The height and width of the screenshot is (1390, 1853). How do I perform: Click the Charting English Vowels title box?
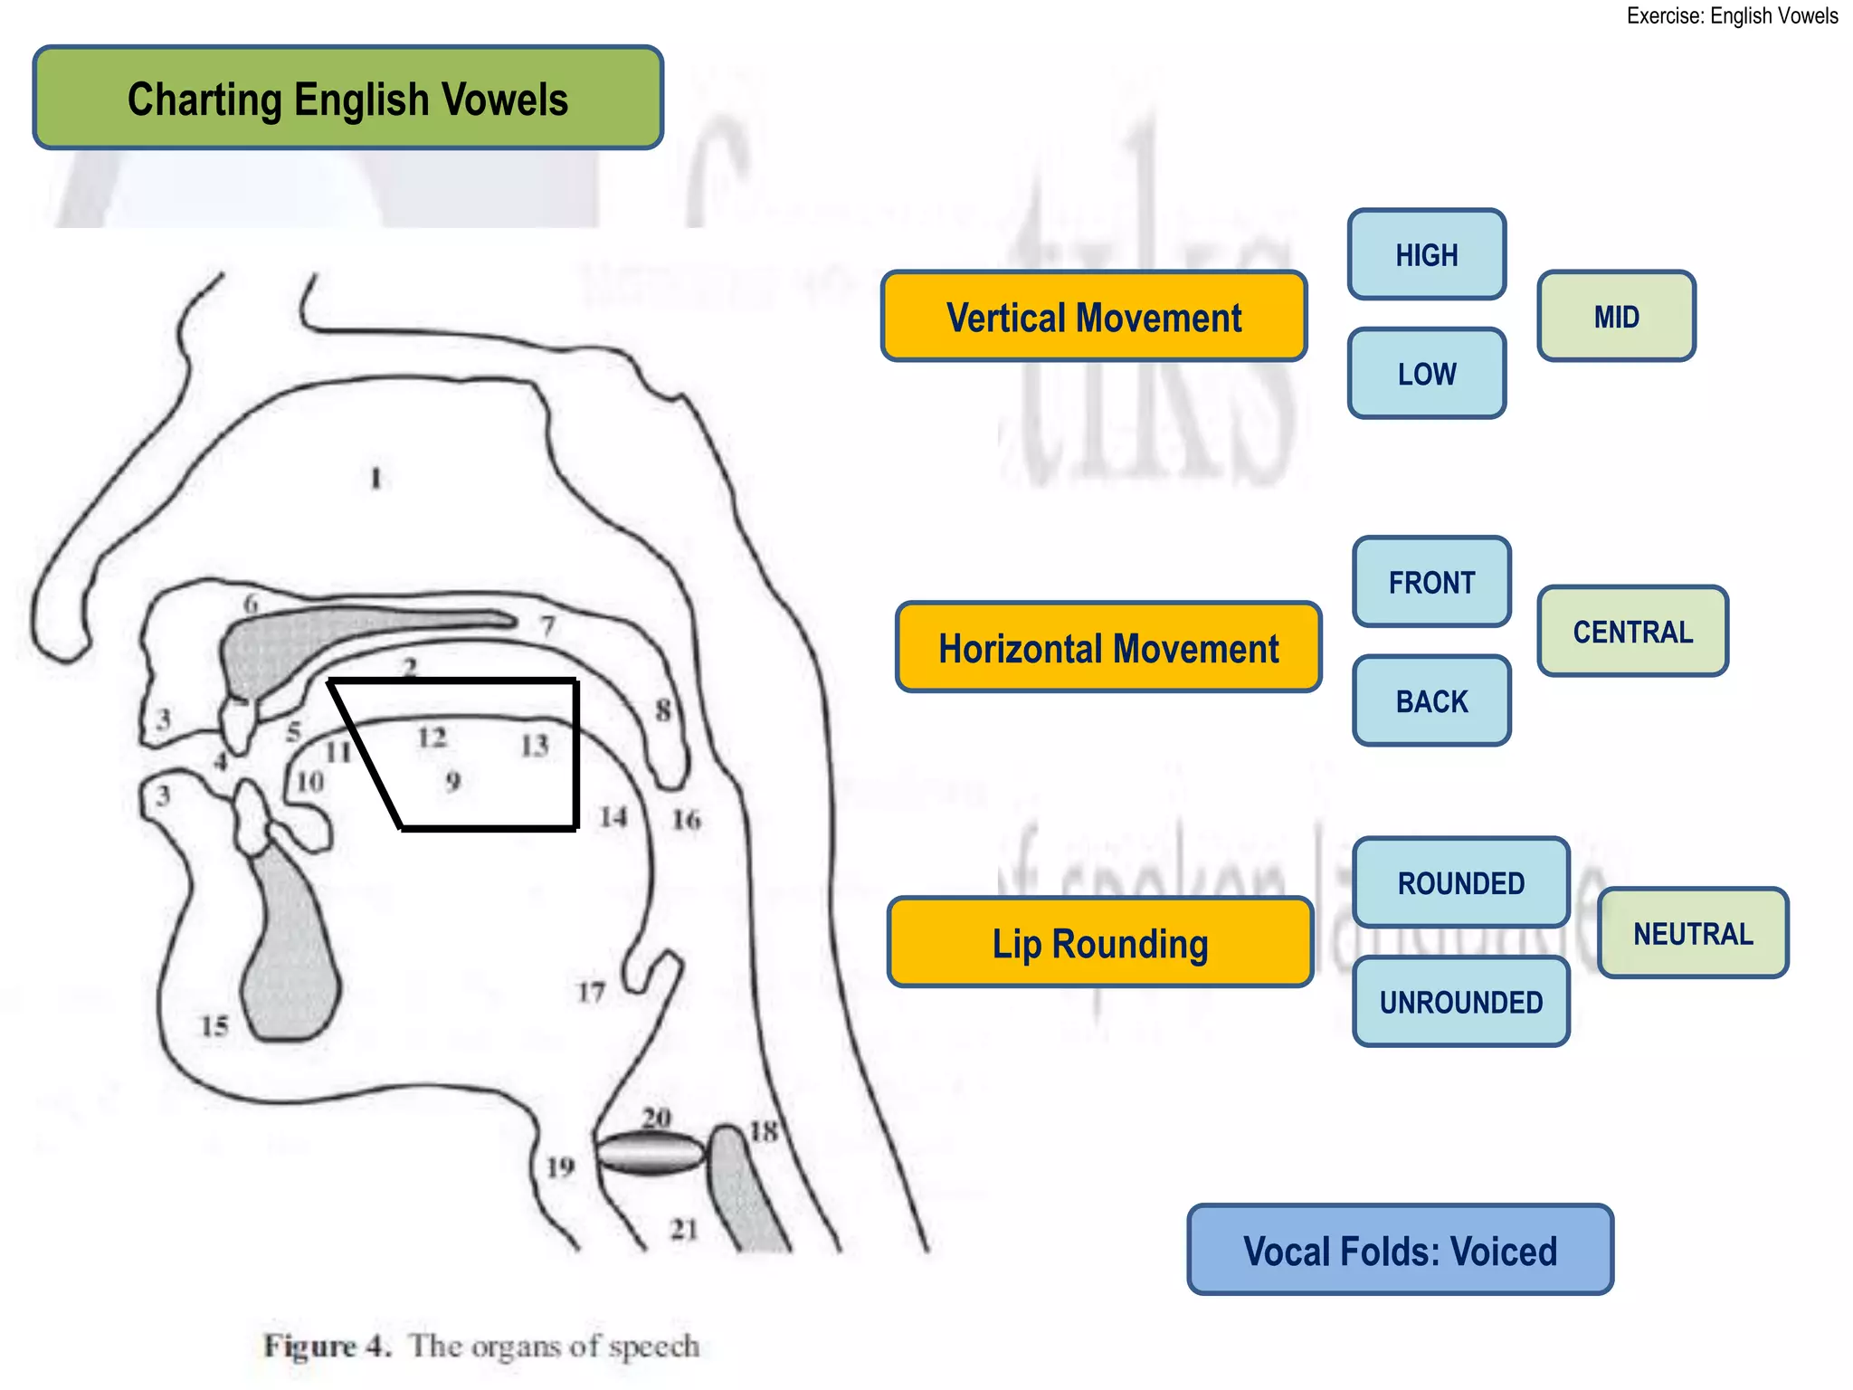click(348, 98)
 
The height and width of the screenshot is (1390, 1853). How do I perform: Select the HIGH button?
click(1427, 254)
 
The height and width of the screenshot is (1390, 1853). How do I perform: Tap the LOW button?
click(1427, 374)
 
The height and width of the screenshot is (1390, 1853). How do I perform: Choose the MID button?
click(1616, 316)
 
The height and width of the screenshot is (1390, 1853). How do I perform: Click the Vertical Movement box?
click(1094, 317)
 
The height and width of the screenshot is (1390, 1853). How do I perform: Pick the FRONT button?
click(1431, 582)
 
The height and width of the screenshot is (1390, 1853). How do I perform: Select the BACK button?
click(1431, 701)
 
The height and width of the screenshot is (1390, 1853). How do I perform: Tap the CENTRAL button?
click(1632, 631)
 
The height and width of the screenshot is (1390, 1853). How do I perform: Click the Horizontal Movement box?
click(1108, 648)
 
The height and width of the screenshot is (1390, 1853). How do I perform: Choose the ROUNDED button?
click(1460, 882)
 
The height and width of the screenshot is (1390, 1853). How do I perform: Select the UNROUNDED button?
click(1460, 1002)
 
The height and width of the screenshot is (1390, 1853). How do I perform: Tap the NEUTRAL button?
click(1693, 933)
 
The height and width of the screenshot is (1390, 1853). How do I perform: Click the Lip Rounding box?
click(1100, 943)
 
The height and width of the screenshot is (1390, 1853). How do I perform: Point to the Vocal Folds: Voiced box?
click(1400, 1251)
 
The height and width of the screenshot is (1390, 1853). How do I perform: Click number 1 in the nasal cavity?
click(376, 477)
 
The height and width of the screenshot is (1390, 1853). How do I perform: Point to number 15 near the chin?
click(214, 1026)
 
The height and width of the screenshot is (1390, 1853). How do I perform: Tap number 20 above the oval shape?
click(656, 1118)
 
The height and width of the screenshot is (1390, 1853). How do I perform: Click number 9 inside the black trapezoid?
click(453, 780)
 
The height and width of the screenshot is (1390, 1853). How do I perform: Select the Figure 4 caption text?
click(481, 1346)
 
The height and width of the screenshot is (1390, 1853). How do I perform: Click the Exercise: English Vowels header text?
click(1732, 15)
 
